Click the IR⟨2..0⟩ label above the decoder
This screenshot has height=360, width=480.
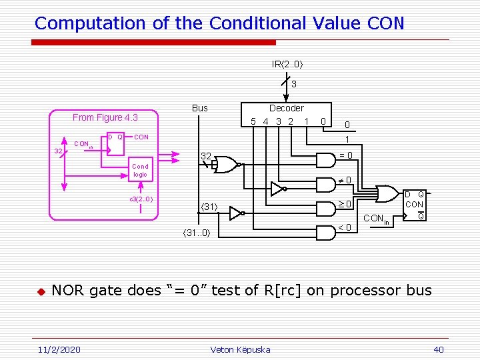coord(287,65)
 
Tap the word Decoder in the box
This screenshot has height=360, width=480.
coord(286,108)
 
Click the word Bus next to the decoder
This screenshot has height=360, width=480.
coord(199,108)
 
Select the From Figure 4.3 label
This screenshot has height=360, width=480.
coord(105,118)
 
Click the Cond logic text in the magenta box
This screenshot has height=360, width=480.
coord(140,171)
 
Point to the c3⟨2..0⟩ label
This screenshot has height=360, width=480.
coord(141,199)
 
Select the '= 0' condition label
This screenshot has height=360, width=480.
coord(346,156)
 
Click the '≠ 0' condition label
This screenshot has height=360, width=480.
coord(344,181)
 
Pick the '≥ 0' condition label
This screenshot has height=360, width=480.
coord(344,203)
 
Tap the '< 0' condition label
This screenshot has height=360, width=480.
coord(345,228)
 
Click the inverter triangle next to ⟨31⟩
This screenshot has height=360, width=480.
coord(235,213)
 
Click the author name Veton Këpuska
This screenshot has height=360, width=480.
coord(240,349)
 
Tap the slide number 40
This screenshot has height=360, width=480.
coord(438,349)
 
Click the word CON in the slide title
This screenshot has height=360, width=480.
coord(385,23)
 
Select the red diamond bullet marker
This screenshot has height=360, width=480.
coord(40,291)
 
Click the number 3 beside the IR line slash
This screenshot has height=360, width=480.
coord(293,85)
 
